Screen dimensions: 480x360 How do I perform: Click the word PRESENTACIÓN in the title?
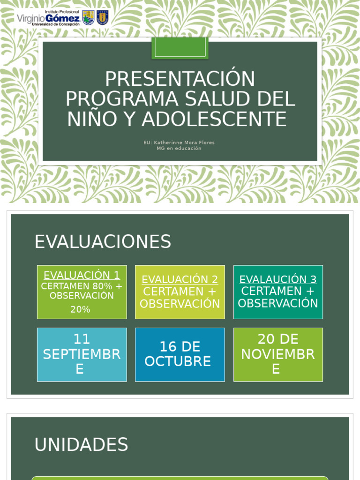[180, 79]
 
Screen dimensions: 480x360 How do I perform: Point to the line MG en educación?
[179, 149]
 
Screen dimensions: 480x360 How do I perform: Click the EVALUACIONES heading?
[103, 242]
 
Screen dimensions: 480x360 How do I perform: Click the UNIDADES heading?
[81, 444]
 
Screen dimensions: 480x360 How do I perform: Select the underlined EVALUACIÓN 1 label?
[82, 275]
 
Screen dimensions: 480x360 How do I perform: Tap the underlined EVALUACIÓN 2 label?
[180, 279]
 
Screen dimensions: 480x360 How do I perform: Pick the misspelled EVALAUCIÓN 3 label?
[278, 279]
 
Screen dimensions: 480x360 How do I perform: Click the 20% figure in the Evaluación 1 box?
[80, 309]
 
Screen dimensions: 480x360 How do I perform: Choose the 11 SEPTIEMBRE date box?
[82, 354]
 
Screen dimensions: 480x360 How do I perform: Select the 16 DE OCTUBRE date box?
[180, 354]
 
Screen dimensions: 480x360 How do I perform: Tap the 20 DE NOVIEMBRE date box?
[278, 354]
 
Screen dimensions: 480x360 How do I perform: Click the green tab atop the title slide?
[180, 48]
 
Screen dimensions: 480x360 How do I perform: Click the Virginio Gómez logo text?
[48, 18]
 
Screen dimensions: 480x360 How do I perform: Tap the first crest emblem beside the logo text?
[88, 17]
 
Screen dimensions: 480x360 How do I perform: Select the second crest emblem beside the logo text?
[102, 17]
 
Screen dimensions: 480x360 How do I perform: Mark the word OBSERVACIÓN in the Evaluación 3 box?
[278, 303]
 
